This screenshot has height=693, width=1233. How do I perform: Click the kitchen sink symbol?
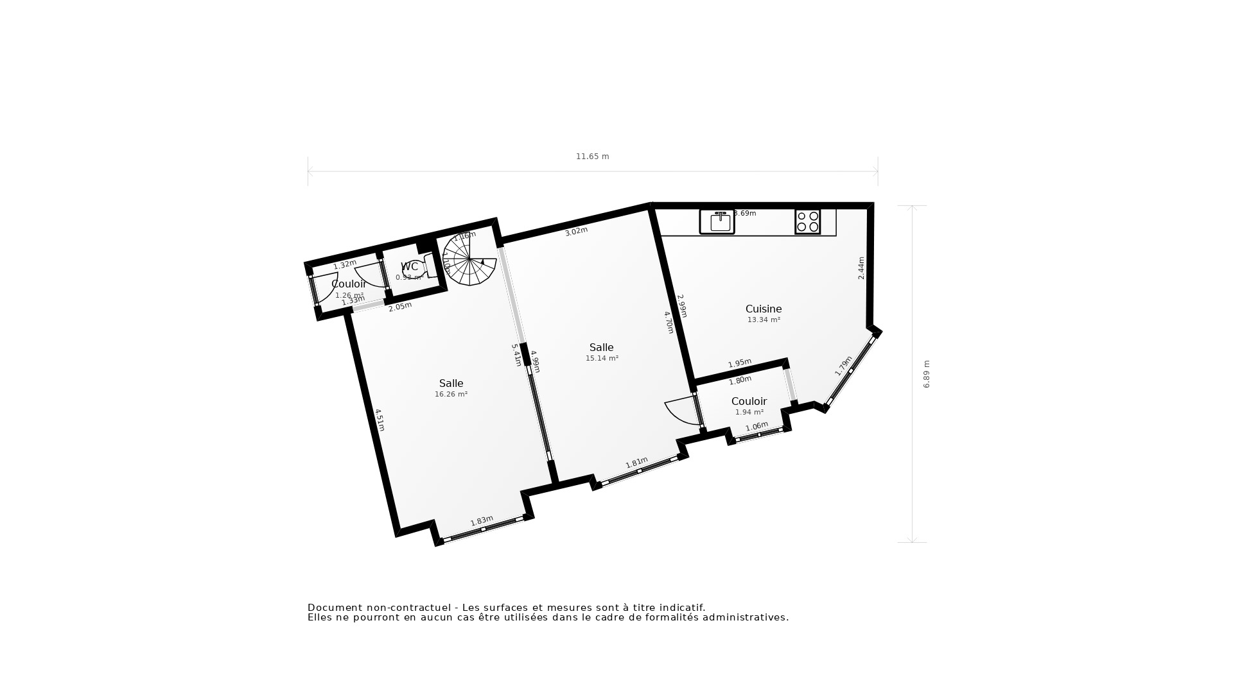pyautogui.click(x=717, y=221)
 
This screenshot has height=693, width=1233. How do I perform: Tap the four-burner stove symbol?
pyautogui.click(x=807, y=221)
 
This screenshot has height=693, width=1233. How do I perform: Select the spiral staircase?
pyautogui.click(x=469, y=260)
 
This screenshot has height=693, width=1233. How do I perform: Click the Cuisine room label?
pyautogui.click(x=763, y=309)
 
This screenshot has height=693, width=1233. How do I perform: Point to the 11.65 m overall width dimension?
pyautogui.click(x=592, y=157)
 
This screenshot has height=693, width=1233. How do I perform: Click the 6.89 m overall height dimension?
pyautogui.click(x=926, y=374)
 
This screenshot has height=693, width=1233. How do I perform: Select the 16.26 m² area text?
pyautogui.click(x=451, y=395)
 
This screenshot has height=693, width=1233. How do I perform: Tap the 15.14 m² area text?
pyautogui.click(x=602, y=359)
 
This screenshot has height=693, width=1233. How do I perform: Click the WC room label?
pyautogui.click(x=409, y=267)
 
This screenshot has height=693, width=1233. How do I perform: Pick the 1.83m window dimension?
pyautogui.click(x=482, y=521)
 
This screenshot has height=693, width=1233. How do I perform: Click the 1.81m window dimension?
pyautogui.click(x=636, y=463)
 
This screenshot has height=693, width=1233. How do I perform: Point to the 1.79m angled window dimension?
pyautogui.click(x=843, y=366)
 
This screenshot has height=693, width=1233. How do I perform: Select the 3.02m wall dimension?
pyautogui.click(x=576, y=232)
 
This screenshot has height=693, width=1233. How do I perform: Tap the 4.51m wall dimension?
pyautogui.click(x=380, y=420)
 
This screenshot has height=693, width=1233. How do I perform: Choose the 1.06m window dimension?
pyautogui.click(x=756, y=427)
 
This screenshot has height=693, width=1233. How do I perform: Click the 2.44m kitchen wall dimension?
pyautogui.click(x=861, y=268)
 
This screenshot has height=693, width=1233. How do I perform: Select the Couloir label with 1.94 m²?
pyautogui.click(x=749, y=402)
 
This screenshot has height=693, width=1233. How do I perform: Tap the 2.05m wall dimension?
pyautogui.click(x=400, y=307)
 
